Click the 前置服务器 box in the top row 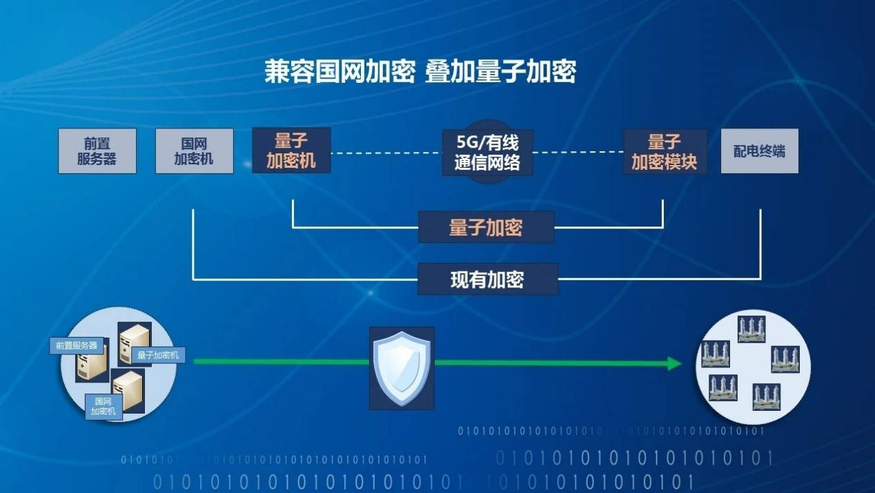point(97,151)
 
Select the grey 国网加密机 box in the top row point(195,151)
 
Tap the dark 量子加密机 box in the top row point(291,150)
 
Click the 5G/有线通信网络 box point(487,153)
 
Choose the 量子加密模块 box point(665,152)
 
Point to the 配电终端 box point(759,151)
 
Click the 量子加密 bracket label point(486,227)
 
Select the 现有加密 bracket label point(488,279)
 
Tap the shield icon point(402,368)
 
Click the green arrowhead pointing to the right point(675,364)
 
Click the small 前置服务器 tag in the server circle point(77,346)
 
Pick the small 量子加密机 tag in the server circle point(158,355)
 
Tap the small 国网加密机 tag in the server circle point(104,407)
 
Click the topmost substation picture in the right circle point(751,329)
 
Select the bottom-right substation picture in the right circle point(767,397)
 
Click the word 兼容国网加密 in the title point(340,72)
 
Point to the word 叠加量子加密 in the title point(501,72)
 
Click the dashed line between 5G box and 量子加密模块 point(578,152)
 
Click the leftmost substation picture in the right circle point(716,355)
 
